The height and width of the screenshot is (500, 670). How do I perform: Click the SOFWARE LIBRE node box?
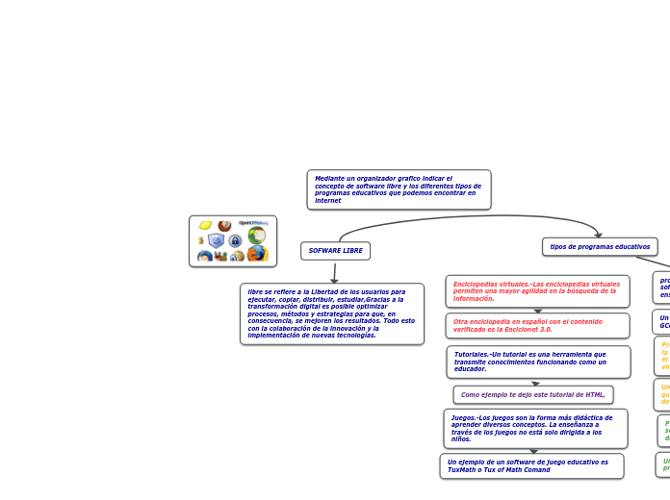point(335,251)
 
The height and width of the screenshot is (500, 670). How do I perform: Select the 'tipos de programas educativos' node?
point(600,247)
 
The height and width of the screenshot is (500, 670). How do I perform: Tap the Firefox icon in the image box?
point(257,254)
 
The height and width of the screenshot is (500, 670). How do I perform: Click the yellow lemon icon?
point(205,226)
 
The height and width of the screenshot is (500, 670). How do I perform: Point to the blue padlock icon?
point(235,240)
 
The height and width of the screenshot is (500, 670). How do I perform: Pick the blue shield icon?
point(216,240)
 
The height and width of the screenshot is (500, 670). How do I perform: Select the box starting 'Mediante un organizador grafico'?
point(399,189)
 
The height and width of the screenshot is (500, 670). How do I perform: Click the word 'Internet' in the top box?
point(328,201)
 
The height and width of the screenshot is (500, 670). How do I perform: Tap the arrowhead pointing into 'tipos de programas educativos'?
point(598,235)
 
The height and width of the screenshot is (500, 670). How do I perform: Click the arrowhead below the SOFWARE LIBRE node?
point(334,280)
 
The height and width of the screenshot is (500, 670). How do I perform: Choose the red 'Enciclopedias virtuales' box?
point(537,291)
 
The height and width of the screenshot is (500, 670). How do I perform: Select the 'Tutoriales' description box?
point(538,362)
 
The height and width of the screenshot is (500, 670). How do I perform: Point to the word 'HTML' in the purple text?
point(594,395)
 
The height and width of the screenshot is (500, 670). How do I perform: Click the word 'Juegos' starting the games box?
point(463,418)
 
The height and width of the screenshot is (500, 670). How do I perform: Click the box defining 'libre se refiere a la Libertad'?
point(332,313)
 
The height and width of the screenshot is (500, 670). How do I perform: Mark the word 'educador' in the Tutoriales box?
point(471,369)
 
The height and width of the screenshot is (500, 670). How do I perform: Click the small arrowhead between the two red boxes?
point(538,311)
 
